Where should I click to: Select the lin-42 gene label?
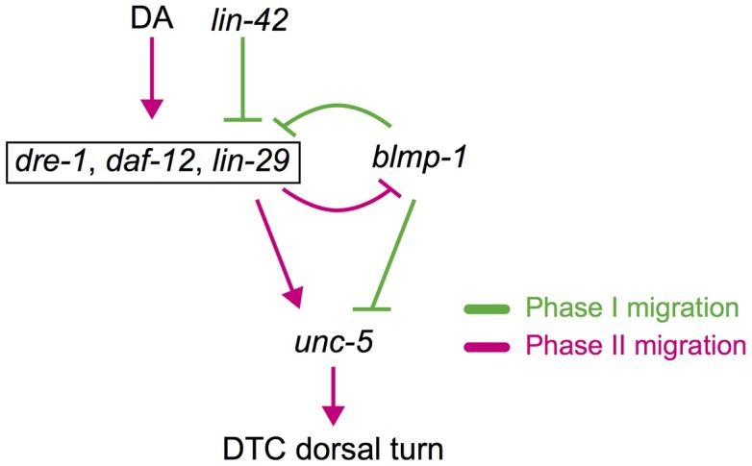click(x=248, y=19)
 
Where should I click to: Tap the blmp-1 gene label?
click(x=419, y=156)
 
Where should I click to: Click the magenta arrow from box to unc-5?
click(x=279, y=245)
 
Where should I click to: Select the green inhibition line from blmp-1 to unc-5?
click(x=389, y=255)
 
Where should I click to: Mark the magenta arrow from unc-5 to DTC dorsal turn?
click(x=331, y=389)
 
